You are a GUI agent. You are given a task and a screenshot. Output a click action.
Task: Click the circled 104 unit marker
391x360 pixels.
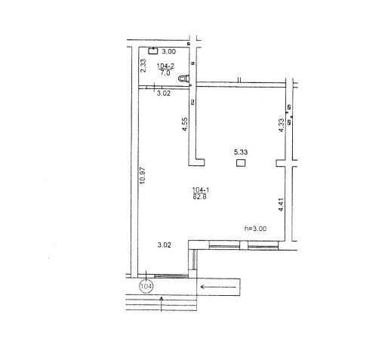coord(146,286)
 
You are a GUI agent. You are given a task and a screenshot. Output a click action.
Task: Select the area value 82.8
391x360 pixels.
coord(200,197)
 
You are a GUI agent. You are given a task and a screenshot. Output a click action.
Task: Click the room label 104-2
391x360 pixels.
coord(165,66)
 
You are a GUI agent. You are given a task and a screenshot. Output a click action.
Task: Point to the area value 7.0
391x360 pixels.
coord(165,73)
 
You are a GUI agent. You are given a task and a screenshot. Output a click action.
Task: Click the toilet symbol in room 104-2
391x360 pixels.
coord(184,78)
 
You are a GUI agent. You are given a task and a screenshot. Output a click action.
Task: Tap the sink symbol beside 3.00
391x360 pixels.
coord(152,51)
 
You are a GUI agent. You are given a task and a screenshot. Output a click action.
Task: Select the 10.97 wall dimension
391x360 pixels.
coord(143,176)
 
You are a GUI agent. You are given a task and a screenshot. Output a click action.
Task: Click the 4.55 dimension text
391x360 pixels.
coord(185,125)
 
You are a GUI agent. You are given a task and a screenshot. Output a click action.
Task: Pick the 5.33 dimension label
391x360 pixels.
coord(241,152)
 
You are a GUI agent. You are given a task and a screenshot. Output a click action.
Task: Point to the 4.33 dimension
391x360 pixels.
coord(282,125)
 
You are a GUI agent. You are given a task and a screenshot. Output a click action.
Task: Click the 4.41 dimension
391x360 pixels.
coord(282,205)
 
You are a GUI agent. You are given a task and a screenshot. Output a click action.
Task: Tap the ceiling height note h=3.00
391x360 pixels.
coord(256,229)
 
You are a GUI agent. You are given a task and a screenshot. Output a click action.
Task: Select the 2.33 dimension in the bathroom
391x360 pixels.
coord(143,66)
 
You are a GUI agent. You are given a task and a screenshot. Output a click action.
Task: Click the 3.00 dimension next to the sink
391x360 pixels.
coord(168,51)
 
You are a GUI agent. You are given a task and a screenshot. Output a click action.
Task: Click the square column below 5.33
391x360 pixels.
coord(241,163)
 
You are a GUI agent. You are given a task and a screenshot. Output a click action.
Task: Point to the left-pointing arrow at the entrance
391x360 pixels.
coord(218,287)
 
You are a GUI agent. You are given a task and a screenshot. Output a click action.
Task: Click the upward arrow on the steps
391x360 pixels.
coord(162,304)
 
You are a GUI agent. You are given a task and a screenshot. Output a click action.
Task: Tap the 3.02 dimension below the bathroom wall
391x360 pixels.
coord(164,94)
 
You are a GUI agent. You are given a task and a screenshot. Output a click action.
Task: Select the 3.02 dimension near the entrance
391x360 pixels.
coord(165,245)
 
